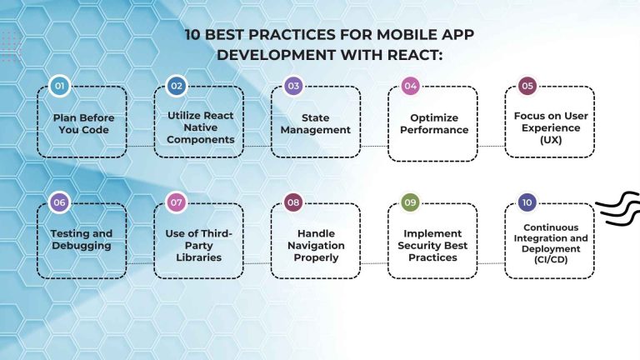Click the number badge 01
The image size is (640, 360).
click(x=58, y=86)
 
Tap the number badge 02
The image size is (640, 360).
click(x=176, y=86)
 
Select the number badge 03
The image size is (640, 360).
click(x=292, y=86)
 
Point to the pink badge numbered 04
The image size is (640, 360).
click(x=409, y=86)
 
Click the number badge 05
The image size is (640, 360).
click(x=527, y=86)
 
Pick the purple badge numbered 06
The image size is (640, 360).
click(x=58, y=202)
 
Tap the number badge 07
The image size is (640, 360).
click(x=176, y=202)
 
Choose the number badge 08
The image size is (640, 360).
click(x=292, y=202)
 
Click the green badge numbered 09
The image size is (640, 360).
click(x=409, y=202)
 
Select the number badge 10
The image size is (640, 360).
click(x=527, y=202)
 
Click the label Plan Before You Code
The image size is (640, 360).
click(x=82, y=123)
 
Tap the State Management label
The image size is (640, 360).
click(x=316, y=123)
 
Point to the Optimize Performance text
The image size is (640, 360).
click(x=433, y=123)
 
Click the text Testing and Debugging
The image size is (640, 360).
click(x=82, y=240)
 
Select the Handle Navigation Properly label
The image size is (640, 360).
click(x=316, y=246)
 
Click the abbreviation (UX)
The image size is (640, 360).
click(x=549, y=140)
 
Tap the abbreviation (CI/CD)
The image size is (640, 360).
click(x=550, y=260)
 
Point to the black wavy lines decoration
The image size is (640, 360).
click(x=618, y=208)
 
